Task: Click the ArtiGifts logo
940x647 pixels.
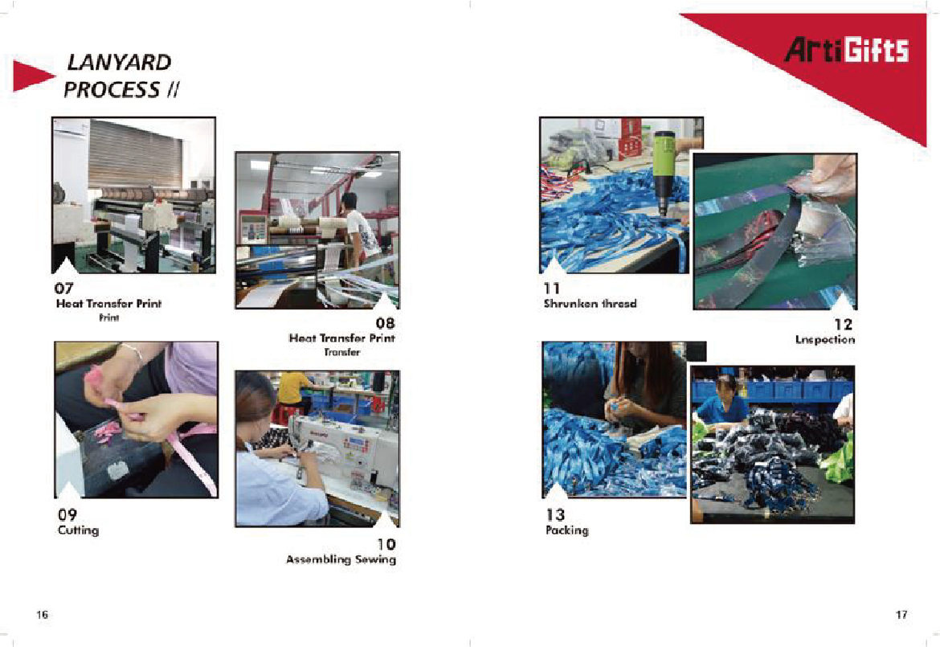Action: [847, 51]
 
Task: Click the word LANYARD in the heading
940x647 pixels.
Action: [119, 63]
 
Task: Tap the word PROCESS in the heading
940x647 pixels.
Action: [112, 89]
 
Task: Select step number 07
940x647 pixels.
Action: [64, 288]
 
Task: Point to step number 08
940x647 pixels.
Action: [386, 323]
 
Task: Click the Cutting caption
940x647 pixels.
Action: [79, 530]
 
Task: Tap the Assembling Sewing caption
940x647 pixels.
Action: [341, 559]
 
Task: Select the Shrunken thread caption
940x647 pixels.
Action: [590, 304]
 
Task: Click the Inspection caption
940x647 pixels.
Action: [825, 339]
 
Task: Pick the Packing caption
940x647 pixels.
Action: [567, 530]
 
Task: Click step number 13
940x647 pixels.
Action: [555, 514]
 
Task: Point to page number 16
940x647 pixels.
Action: [42, 615]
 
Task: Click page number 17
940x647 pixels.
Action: [901, 615]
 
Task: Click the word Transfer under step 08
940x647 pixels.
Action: [342, 352]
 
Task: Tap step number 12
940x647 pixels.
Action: [843, 325]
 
